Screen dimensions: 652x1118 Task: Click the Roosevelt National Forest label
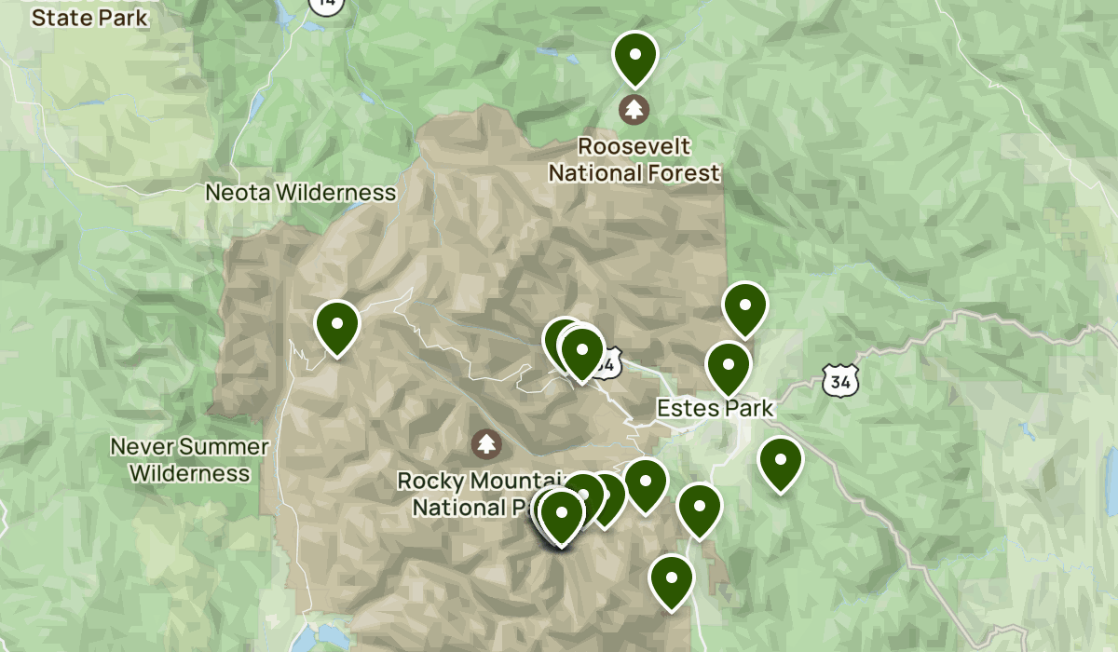click(x=634, y=159)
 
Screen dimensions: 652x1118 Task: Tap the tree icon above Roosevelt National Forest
click(x=634, y=109)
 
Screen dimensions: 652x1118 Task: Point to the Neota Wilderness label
click(x=301, y=193)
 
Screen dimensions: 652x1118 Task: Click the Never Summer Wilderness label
click(x=190, y=459)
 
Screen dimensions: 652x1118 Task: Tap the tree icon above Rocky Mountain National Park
click(x=484, y=443)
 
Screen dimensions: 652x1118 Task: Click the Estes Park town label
click(x=715, y=408)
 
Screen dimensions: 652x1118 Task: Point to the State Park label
click(x=89, y=17)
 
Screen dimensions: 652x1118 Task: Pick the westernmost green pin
click(x=337, y=326)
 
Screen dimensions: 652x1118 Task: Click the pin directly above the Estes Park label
click(x=729, y=366)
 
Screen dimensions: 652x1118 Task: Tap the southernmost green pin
click(x=672, y=579)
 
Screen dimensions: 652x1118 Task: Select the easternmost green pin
click(x=781, y=461)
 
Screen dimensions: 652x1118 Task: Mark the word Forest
click(x=684, y=172)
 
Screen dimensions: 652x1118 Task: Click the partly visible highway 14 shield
click(x=326, y=4)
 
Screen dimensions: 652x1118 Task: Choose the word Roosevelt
click(x=634, y=146)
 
